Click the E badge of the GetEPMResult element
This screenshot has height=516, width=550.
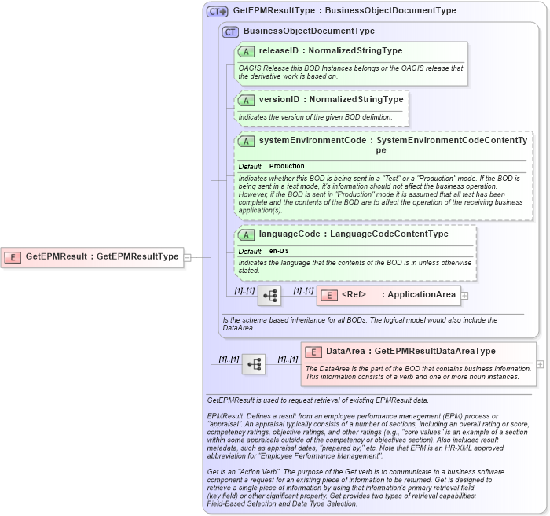13,256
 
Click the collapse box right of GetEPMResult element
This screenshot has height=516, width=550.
187,256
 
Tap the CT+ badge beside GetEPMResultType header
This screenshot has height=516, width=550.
218,12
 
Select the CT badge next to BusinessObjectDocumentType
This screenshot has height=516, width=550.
230,32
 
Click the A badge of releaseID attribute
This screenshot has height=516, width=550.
247,51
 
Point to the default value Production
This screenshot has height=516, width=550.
287,167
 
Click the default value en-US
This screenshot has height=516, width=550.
279,251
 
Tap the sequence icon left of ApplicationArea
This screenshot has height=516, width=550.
269,296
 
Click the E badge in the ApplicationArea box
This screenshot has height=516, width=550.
330,296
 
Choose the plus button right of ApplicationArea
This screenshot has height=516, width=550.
464,296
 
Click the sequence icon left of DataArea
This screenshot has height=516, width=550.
254,364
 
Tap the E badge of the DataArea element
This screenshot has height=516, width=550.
313,352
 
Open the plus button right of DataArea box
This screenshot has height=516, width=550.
540,364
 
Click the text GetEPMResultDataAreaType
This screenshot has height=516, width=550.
434,352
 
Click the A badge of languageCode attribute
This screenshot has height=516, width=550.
247,234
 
